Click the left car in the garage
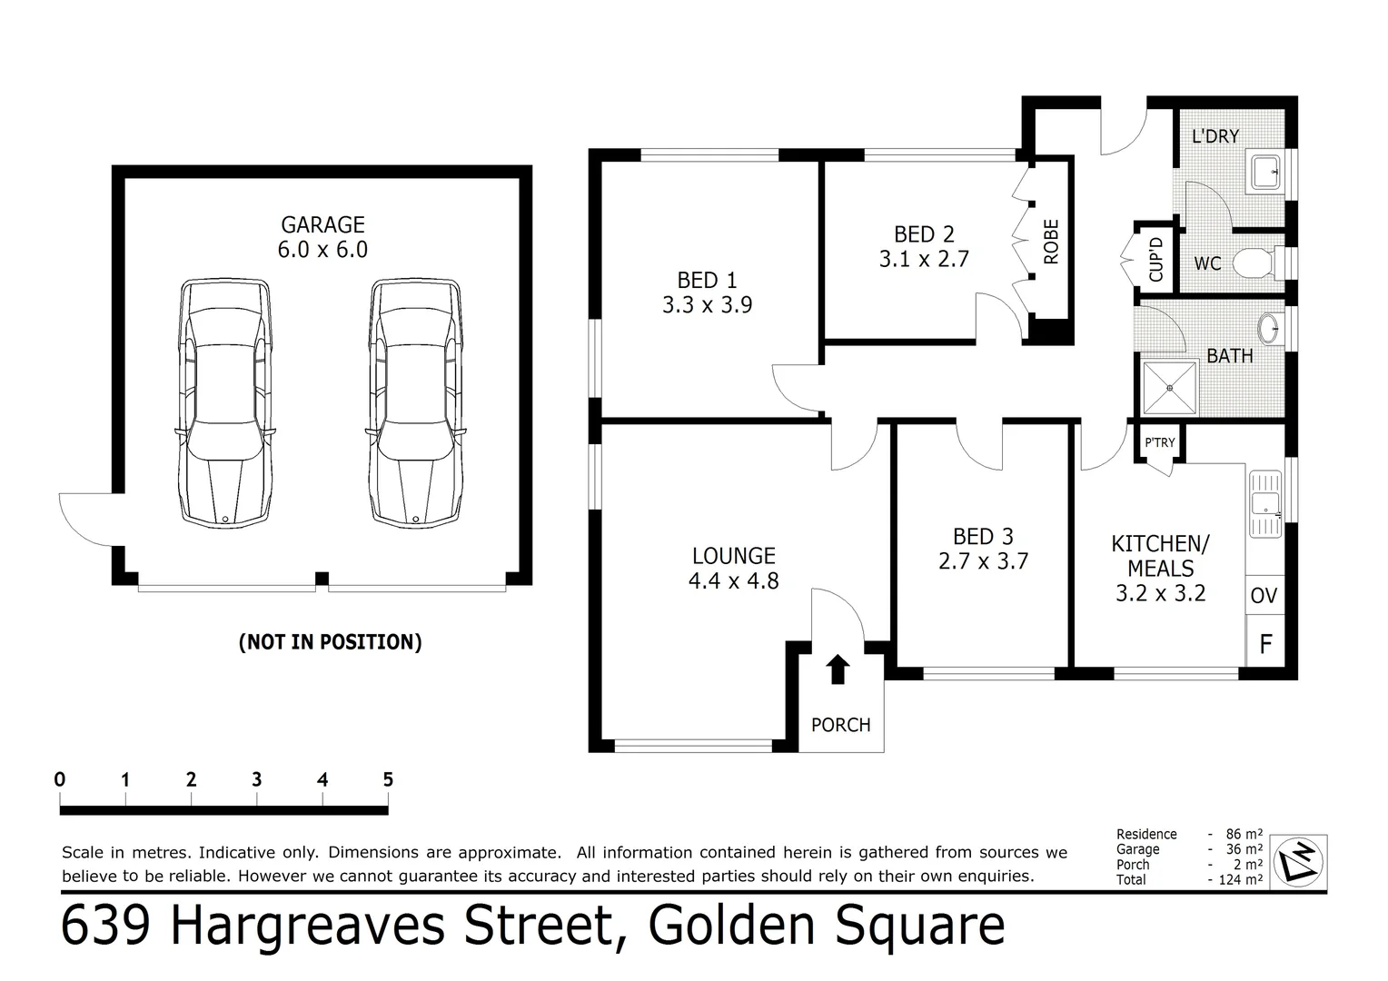[225, 404]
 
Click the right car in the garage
[415, 404]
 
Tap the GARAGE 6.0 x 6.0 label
[322, 237]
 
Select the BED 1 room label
[707, 281]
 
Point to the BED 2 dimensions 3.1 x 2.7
[924, 259]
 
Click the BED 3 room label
[983, 537]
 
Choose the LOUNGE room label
[733, 556]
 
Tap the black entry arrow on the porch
[838, 669]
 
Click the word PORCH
[840, 725]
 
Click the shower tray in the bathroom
[1170, 387]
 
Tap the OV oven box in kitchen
[1264, 596]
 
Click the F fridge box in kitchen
[1264, 645]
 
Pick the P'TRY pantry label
[1159, 442]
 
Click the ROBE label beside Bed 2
[1051, 243]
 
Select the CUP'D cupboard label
[1155, 259]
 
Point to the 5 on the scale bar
[388, 779]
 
